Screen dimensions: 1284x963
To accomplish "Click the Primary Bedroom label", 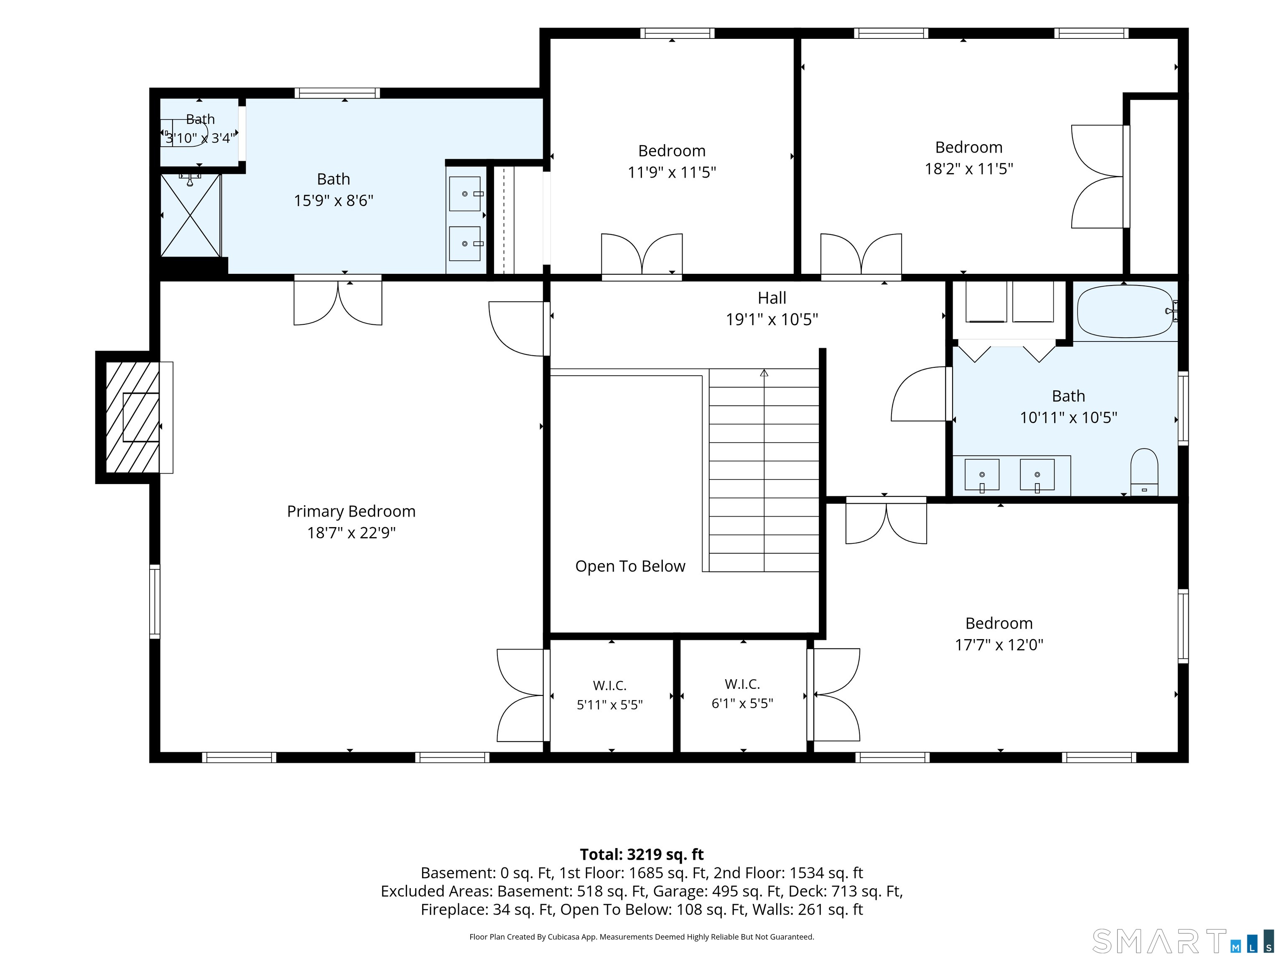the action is coord(351,512).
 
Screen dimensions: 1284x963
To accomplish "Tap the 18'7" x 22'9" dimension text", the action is coord(351,533).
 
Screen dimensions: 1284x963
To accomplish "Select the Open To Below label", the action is coord(630,566).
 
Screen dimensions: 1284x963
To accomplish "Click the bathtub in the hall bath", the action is coord(1125,311).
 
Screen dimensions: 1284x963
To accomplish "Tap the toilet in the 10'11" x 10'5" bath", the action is coord(1144,472).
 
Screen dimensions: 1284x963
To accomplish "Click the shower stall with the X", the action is coord(191,215).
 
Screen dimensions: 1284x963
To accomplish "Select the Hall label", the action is coord(772,298).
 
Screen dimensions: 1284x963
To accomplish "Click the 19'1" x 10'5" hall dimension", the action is coord(772,319).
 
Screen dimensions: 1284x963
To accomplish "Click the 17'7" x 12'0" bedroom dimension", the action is coord(999,645).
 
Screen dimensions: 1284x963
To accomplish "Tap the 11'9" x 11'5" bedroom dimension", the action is coord(672,172).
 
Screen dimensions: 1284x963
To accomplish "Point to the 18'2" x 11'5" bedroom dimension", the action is coord(969,169).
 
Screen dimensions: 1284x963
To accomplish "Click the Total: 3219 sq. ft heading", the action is coord(642,854).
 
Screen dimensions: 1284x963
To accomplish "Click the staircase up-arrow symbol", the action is coord(764,373).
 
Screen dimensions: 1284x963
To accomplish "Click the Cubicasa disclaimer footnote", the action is coord(642,936).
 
